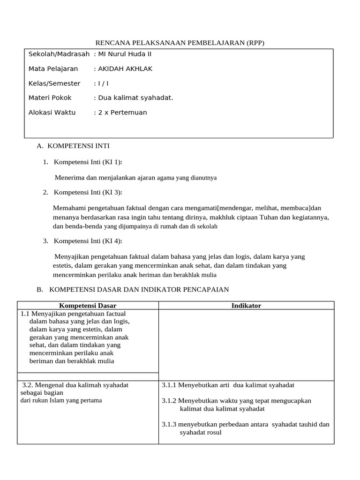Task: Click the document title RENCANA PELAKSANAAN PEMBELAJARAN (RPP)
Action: coord(180,43)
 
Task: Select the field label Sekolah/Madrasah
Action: coord(59,54)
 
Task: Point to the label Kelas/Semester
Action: coord(54,83)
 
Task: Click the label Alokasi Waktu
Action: coord(52,112)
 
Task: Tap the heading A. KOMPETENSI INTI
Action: coord(73,146)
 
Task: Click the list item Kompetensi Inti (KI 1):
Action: coord(88,162)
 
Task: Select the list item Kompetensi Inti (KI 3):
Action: coord(88,192)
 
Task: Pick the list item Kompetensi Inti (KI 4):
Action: coord(88,241)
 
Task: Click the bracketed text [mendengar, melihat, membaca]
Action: coord(264,208)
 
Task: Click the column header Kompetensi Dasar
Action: coord(88,306)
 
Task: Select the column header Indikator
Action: coord(246,306)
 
